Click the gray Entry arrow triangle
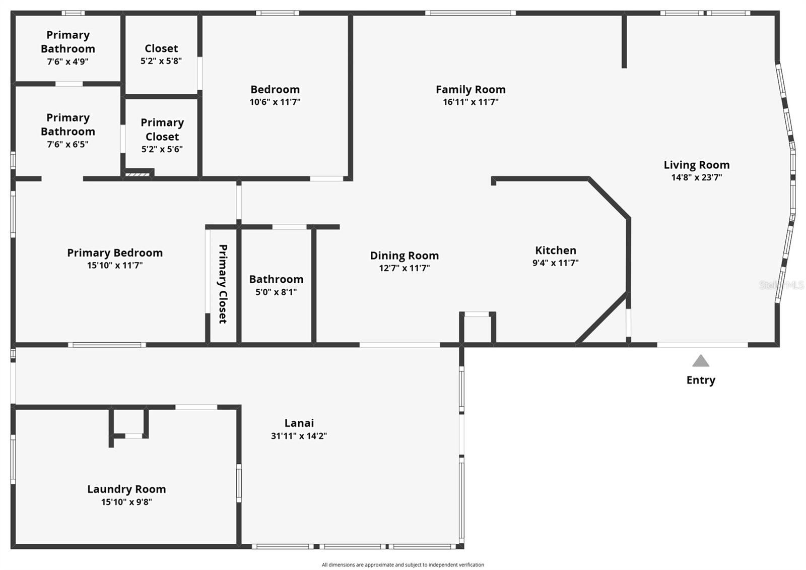[701, 361]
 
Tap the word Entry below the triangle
[701, 380]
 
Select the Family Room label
[471, 89]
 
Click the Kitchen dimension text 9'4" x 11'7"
[556, 263]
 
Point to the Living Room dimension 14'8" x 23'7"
[697, 177]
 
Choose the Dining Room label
[405, 256]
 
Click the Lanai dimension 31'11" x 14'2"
[299, 436]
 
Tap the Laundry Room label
[126, 489]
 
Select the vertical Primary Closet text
[223, 284]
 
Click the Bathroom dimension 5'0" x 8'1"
[276, 292]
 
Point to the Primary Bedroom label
[115, 253]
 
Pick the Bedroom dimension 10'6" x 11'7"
[275, 102]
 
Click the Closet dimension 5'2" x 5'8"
[161, 61]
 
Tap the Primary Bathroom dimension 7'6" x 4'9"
[68, 61]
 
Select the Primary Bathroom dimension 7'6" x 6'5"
[68, 145]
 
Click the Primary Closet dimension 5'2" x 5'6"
[162, 149]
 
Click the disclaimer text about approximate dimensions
[403, 564]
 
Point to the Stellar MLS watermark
[781, 285]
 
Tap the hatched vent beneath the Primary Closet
[137, 175]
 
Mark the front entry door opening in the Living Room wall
[702, 345]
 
